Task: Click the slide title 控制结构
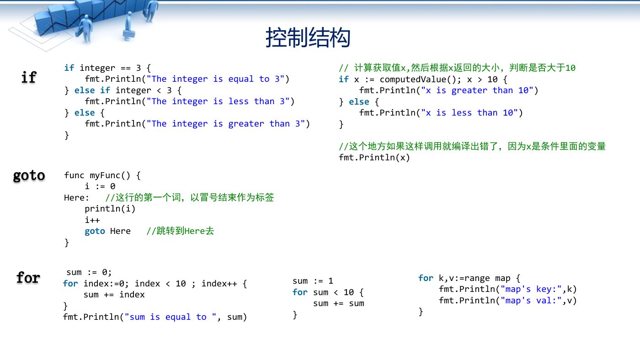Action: click(308, 37)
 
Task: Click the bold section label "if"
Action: click(29, 77)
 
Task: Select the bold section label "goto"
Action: click(29, 175)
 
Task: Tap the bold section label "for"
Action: click(28, 277)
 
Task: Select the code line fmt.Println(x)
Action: click(374, 158)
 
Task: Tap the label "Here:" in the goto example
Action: click(76, 197)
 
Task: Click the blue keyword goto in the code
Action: click(95, 231)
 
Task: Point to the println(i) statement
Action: click(110, 209)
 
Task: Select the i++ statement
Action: click(92, 220)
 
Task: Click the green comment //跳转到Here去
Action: click(180, 231)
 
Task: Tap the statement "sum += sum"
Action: click(339, 303)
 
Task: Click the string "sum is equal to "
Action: click(171, 317)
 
